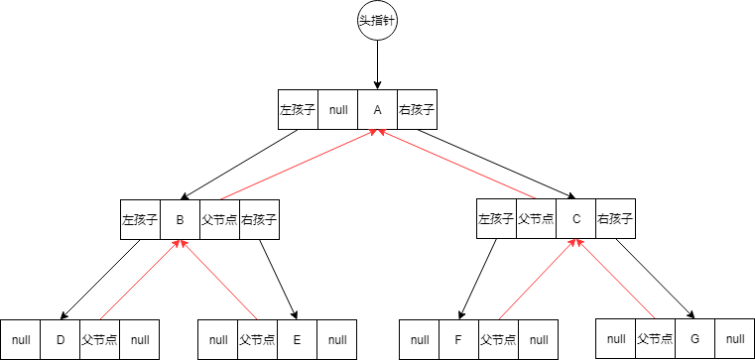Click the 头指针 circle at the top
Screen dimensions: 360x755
point(377,22)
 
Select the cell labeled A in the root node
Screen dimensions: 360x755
point(377,110)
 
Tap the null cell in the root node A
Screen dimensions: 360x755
point(337,110)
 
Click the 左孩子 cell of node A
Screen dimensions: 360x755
point(298,110)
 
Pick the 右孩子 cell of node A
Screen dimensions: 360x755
point(417,110)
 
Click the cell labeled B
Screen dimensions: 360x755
point(180,219)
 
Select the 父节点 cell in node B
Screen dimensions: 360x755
point(219,219)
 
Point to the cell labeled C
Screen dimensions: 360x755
point(575,219)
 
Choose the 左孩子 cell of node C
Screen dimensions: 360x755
point(496,219)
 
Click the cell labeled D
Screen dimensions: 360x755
point(61,339)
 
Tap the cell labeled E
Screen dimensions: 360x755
point(298,339)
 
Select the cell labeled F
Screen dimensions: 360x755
point(458,339)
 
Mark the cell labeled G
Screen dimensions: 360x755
point(694,338)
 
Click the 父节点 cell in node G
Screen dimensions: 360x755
point(655,338)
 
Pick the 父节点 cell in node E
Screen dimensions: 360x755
point(258,339)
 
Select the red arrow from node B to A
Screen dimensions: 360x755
point(298,165)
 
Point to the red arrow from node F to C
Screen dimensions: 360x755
point(537,279)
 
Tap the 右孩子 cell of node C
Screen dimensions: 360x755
point(615,219)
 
